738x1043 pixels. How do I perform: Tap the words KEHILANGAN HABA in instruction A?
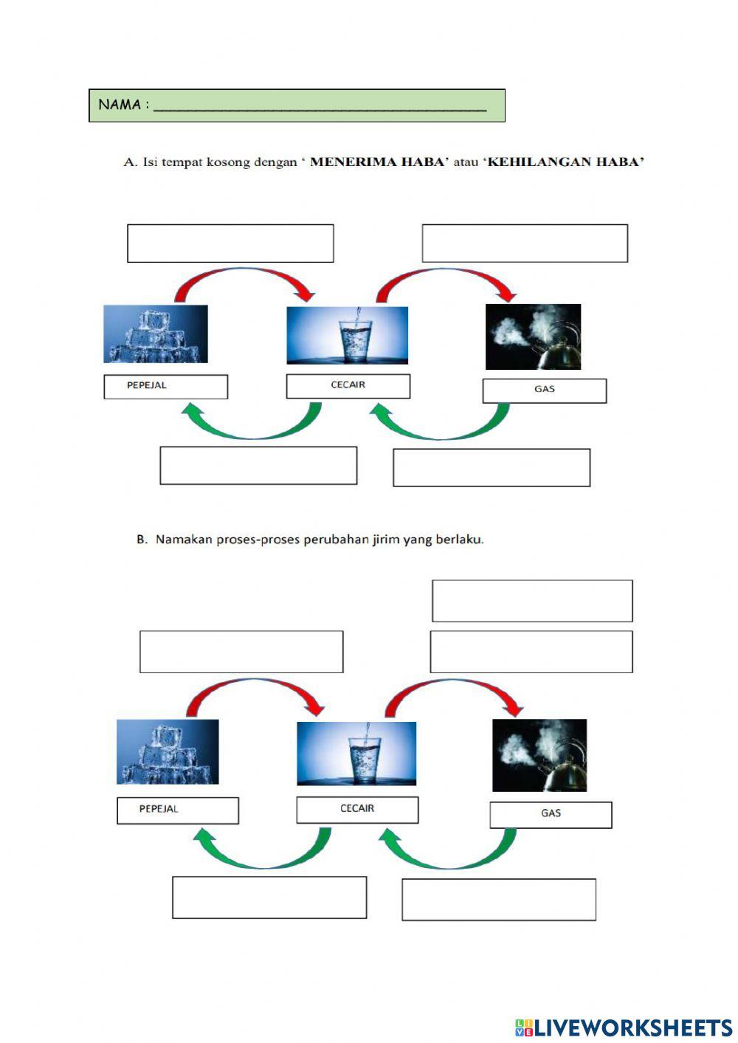(566, 162)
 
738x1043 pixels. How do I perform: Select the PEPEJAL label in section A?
(166, 387)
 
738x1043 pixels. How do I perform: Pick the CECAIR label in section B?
(357, 810)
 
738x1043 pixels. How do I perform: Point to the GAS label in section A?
(545, 390)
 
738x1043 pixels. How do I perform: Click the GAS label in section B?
(551, 814)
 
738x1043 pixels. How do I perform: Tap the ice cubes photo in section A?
(156, 334)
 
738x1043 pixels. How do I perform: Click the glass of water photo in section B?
(356, 754)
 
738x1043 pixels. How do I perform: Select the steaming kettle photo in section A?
(533, 337)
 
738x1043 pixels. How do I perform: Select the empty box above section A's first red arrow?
(230, 243)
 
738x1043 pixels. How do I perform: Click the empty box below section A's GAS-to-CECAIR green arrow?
(492, 467)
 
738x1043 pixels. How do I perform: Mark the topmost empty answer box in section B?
(532, 600)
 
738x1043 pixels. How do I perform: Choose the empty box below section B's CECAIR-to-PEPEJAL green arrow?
(269, 898)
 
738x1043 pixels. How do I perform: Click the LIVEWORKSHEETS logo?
(624, 1027)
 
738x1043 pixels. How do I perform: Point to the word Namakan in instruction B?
(184, 540)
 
